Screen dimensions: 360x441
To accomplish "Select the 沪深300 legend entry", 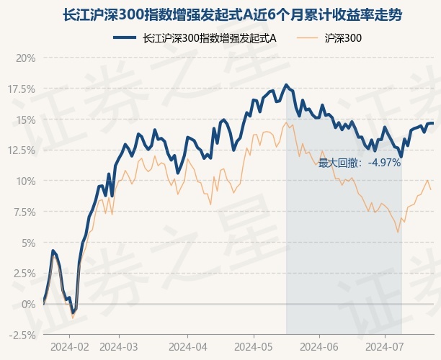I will [x=343, y=39].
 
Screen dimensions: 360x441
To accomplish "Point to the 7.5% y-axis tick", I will [x=23, y=212].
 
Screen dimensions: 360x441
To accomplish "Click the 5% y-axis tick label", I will [x=28, y=243].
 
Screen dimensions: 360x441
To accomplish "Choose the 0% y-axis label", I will [x=28, y=304].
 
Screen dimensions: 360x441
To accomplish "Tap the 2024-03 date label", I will [x=118, y=346].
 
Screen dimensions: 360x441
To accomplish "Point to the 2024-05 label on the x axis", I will [x=254, y=346].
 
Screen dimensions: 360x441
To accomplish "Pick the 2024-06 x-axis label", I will [x=318, y=346].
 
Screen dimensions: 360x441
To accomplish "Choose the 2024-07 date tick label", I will [x=386, y=346].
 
